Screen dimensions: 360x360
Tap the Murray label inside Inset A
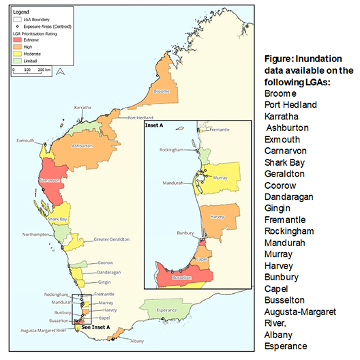point(220,177)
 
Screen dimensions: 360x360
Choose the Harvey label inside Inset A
point(217,217)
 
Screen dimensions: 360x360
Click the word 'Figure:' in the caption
point(280,59)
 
